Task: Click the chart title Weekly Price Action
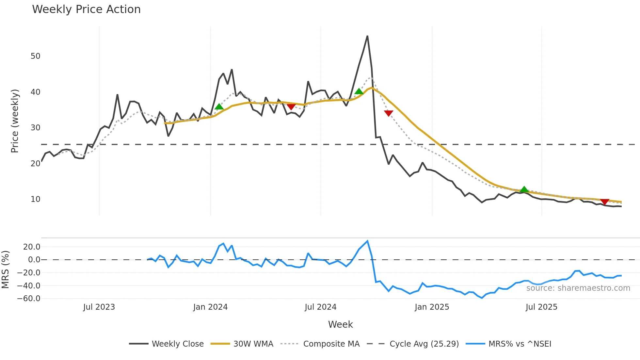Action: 86,9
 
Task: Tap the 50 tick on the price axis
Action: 35,56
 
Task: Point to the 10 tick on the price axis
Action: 35,199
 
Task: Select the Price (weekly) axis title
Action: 15,121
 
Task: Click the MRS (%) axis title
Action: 5,270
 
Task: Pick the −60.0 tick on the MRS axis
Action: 29,299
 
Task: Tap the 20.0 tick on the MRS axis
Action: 32,247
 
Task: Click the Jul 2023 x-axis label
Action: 99,307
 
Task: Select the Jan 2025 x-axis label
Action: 432,307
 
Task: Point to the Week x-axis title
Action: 340,324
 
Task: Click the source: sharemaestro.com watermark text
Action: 578,288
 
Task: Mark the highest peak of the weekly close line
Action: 367,36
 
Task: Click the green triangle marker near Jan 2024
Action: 219,107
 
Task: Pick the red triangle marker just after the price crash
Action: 389,113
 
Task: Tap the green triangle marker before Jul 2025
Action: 524,189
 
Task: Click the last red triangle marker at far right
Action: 605,202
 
